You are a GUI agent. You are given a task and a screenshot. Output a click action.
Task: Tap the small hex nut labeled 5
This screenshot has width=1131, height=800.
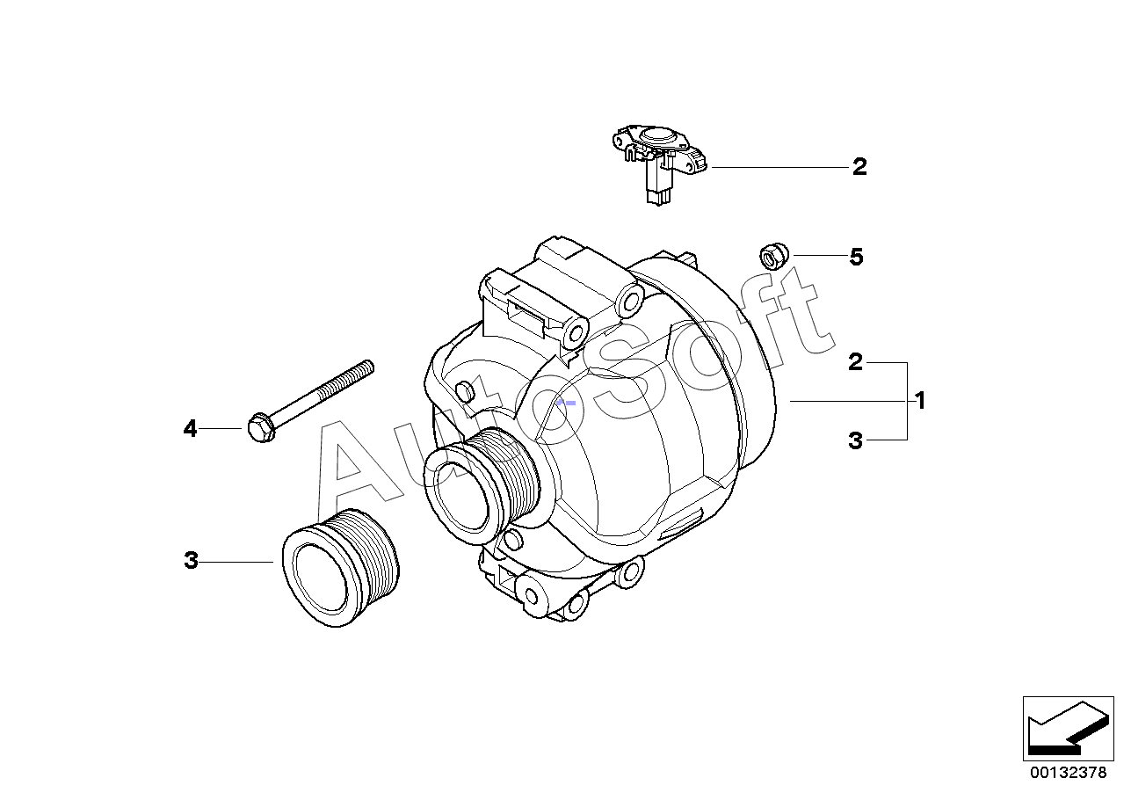(x=771, y=257)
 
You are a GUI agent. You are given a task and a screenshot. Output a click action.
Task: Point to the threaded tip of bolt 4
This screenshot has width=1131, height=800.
(x=365, y=367)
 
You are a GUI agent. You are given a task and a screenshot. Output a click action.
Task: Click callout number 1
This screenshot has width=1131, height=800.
(x=920, y=401)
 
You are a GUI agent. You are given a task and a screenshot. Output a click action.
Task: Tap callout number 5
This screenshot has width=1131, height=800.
(x=856, y=257)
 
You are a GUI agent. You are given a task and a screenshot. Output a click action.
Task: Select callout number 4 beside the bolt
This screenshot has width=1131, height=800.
(x=191, y=429)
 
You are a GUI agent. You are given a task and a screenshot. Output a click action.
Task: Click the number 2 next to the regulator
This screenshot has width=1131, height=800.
(x=859, y=167)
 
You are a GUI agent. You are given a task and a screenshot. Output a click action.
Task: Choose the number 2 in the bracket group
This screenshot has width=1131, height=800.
(x=856, y=362)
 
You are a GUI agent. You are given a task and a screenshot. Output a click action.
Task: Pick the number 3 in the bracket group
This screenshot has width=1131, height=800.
(x=856, y=440)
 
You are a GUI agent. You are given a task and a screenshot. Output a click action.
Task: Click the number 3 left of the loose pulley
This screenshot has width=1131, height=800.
(x=192, y=561)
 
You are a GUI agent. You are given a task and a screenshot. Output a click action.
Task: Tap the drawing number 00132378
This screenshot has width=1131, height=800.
(x=1069, y=774)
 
